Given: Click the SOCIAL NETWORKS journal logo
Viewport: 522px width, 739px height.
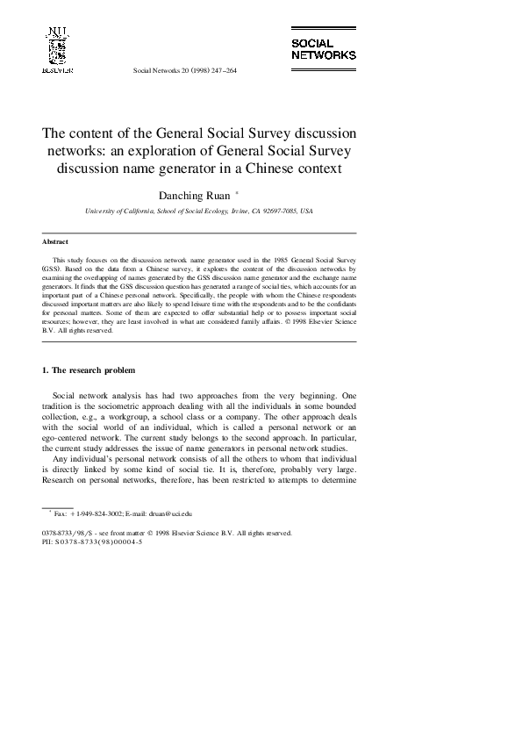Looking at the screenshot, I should pos(323,48).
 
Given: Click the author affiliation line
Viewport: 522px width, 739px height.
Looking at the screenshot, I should pos(198,212).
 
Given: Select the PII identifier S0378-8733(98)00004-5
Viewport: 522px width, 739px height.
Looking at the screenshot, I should pos(98,542).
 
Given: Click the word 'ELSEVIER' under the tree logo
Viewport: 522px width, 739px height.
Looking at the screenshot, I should pos(57,68).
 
